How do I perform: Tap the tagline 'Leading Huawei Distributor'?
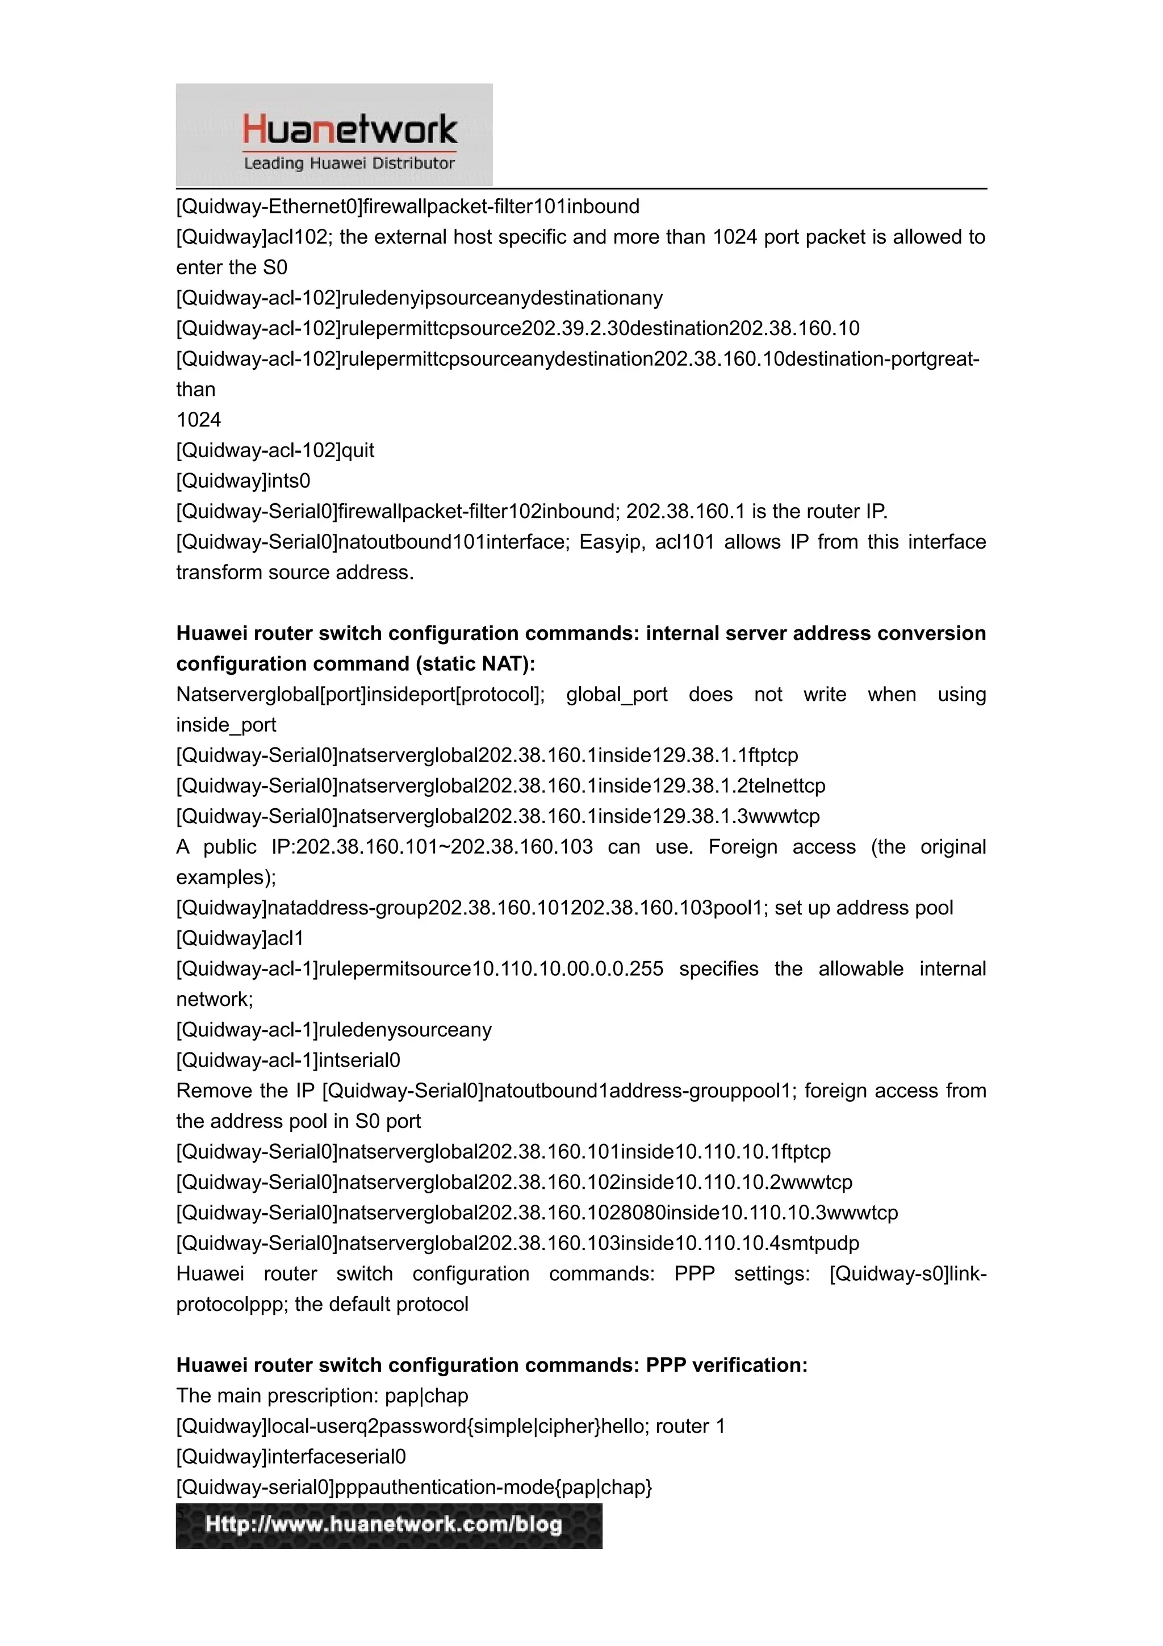pos(349,164)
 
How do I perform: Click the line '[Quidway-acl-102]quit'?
pos(275,450)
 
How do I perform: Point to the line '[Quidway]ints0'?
pos(243,481)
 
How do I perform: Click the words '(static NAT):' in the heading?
pos(476,664)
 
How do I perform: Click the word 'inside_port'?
pos(225,725)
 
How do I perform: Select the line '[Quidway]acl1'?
pos(240,938)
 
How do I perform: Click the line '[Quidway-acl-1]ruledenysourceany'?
pos(334,1030)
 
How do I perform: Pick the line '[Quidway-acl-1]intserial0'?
pos(288,1060)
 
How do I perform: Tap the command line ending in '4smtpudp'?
pos(517,1243)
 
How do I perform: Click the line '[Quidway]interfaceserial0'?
pos(291,1457)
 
